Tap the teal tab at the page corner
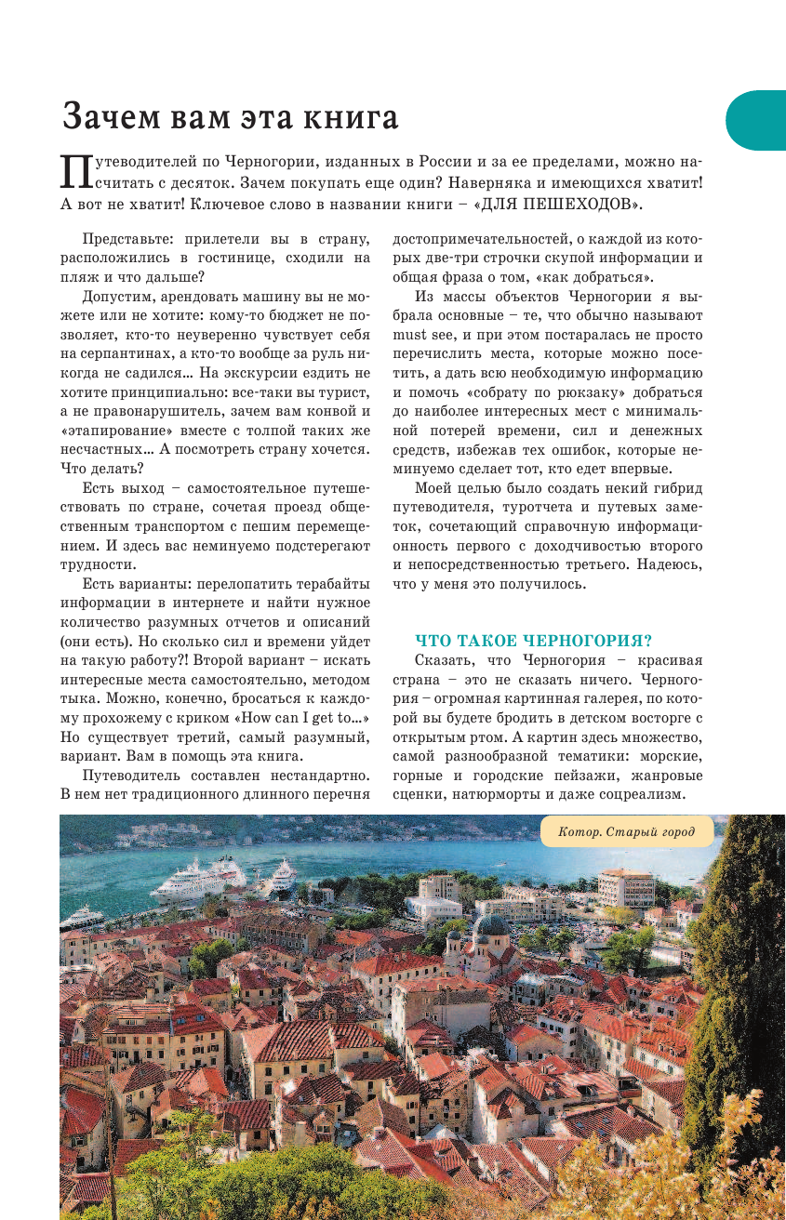click(x=757, y=120)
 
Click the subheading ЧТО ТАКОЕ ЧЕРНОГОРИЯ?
click(x=533, y=641)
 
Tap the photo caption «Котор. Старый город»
click(x=626, y=831)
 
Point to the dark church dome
click(x=493, y=925)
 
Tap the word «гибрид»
click(x=677, y=488)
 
